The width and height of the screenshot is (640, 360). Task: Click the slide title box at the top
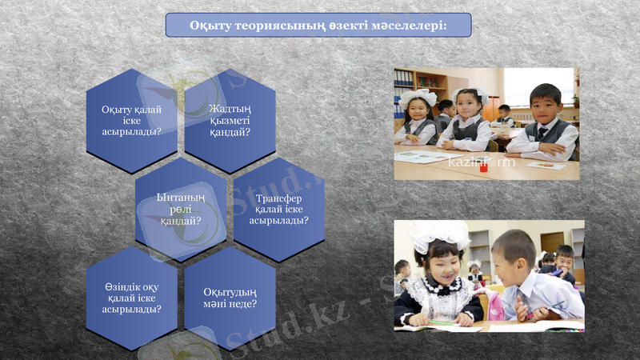click(318, 25)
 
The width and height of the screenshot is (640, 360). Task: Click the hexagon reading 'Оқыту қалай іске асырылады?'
click(132, 121)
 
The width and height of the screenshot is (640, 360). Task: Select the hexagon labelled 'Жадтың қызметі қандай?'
click(230, 120)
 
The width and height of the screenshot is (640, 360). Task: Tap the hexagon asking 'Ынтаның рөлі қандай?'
click(181, 209)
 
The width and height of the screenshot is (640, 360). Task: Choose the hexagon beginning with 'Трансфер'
click(278, 209)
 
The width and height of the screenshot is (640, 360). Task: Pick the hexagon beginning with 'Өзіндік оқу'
click(132, 298)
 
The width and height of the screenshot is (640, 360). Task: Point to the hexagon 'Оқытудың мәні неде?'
click(230, 298)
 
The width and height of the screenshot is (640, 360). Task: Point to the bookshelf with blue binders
click(405, 81)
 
